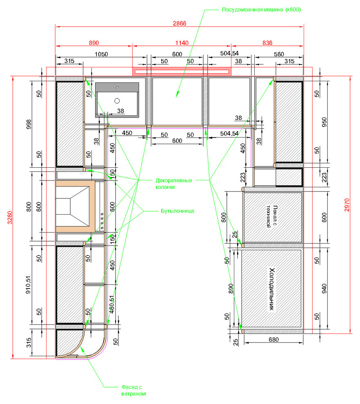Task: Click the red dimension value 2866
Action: [179, 23]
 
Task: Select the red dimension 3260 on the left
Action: [10, 218]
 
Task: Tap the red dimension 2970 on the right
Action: [347, 205]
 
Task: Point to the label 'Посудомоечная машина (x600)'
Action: [261, 10]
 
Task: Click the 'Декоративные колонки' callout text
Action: [174, 184]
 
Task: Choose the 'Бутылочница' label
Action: [177, 211]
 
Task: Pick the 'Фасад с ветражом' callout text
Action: [133, 391]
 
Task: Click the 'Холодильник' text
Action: [272, 289]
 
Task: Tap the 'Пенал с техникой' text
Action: [272, 216]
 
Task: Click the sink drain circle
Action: [117, 101]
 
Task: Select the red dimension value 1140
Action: [182, 43]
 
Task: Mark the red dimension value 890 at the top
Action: [94, 43]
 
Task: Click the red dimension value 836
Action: [267, 43]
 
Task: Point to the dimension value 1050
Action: [101, 54]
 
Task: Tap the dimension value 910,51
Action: [28, 285]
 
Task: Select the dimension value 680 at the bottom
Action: [273, 340]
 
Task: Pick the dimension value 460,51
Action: [111, 304]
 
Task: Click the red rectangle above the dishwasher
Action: [182, 71]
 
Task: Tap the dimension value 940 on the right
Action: [324, 289]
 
